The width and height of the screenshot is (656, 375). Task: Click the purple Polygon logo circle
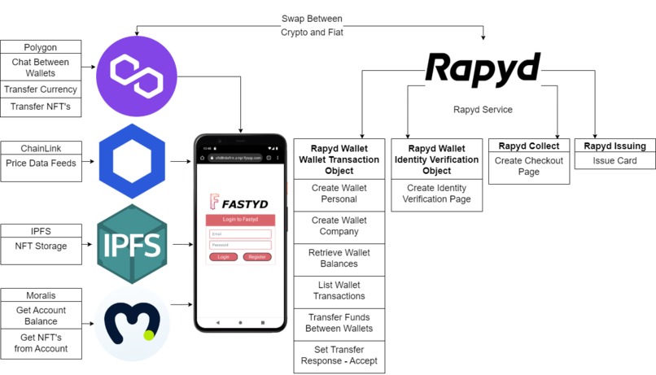137,76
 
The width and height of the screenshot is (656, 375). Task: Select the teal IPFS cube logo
132,245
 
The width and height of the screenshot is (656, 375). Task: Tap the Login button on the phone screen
223,257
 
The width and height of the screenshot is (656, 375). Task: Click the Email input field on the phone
240,234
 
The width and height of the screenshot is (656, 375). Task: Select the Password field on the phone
240,245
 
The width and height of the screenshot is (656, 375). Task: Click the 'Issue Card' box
614,161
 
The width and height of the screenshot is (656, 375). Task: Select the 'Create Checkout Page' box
528,167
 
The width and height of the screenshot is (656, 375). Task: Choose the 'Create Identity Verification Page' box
437,194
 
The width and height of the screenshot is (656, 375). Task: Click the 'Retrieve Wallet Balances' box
339,259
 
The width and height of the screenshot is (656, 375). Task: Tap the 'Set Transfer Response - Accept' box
339,355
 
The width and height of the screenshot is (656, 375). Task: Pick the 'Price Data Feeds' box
42,164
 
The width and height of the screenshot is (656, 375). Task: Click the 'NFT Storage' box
42,246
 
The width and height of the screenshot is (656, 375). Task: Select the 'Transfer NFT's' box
42,107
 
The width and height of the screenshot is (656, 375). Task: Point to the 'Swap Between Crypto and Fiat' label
312,25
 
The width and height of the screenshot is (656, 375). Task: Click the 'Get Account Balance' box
42,316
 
